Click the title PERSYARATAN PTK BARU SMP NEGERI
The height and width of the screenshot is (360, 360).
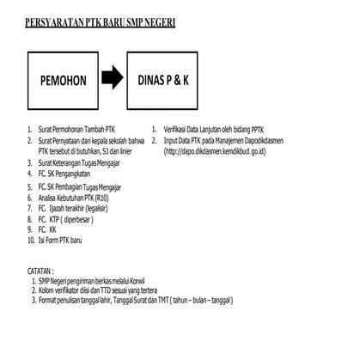(x=101, y=22)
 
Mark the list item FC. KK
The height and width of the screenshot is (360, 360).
(x=48, y=230)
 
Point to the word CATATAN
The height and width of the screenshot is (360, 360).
(x=46, y=270)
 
